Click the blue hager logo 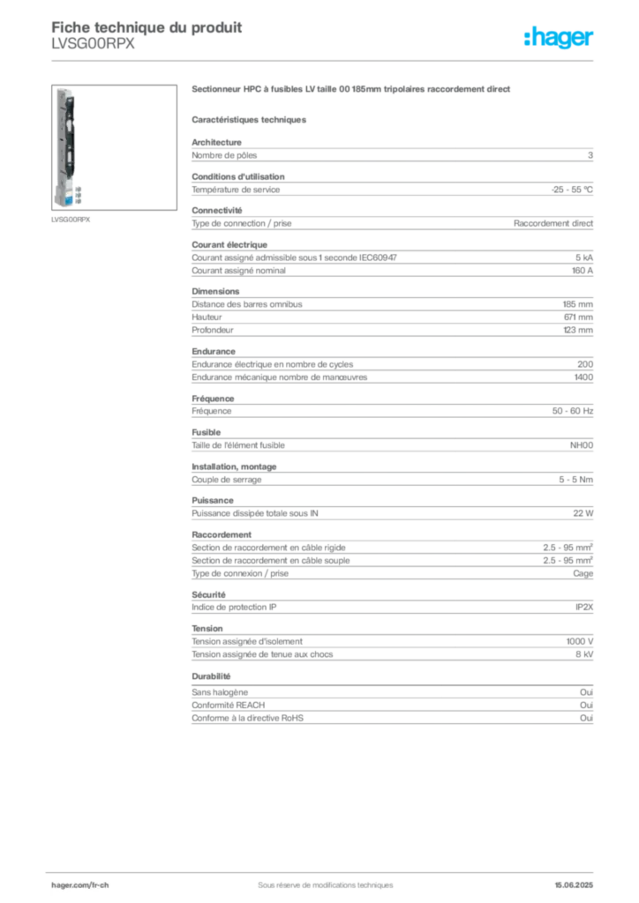pos(560,40)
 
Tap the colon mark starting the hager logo pos(526,40)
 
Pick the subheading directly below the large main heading pos(250,116)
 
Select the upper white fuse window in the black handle pos(69,126)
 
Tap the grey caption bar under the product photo pos(71,219)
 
